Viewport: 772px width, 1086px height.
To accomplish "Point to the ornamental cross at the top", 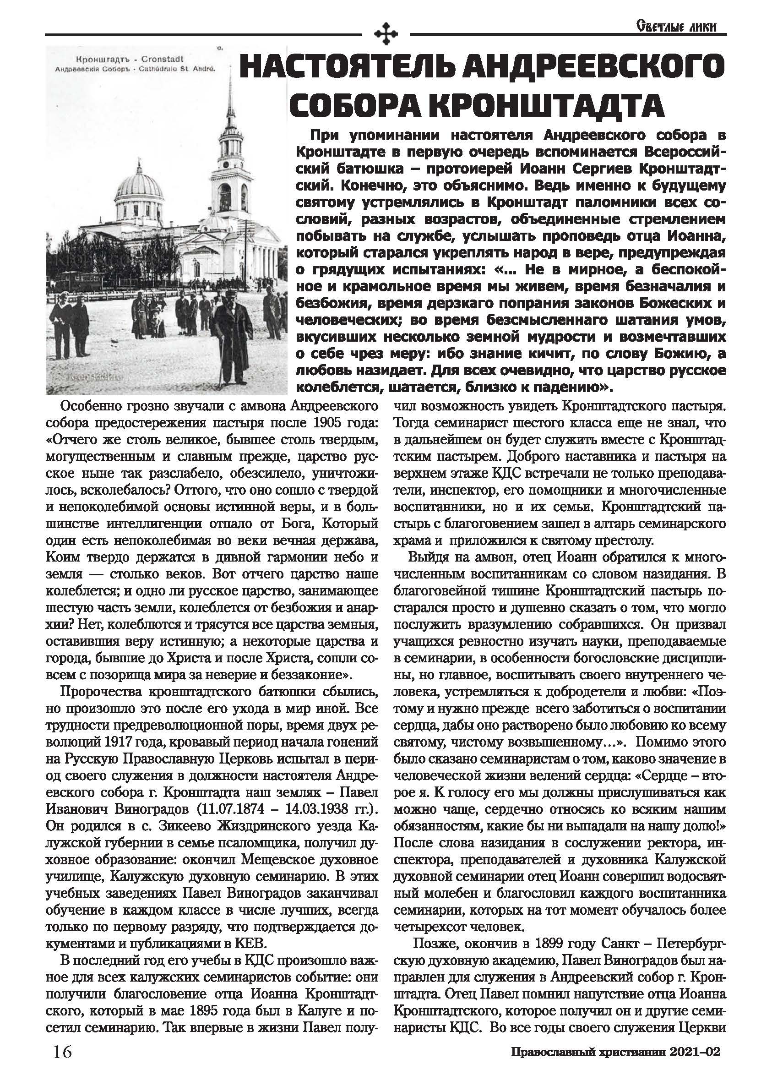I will click(386, 34).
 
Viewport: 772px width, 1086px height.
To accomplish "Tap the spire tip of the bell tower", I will click(231, 76).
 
